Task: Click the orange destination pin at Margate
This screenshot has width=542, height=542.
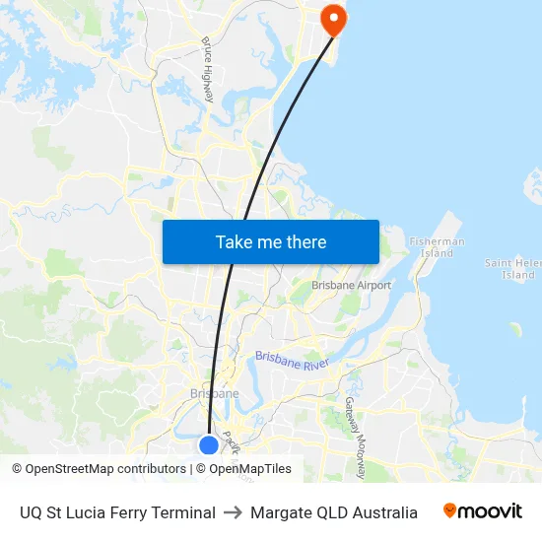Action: pos(333,17)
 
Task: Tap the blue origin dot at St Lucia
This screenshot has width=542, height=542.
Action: pos(209,445)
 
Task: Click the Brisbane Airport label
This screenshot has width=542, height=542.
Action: pos(352,286)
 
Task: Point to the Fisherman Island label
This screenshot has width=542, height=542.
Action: pos(437,247)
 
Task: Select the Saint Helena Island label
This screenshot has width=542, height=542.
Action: pos(512,269)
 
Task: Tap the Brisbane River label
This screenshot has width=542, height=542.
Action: pos(291,361)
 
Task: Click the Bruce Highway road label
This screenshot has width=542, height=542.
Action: pos(208,70)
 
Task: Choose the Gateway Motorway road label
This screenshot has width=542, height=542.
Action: pos(356,438)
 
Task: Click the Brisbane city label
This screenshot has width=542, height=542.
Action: pos(214,394)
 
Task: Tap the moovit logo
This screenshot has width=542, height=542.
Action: pos(483,511)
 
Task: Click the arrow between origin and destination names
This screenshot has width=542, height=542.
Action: pos(233,512)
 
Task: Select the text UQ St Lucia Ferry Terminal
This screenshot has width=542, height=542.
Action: pos(117,512)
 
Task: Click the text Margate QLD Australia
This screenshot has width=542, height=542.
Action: pos(334,512)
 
